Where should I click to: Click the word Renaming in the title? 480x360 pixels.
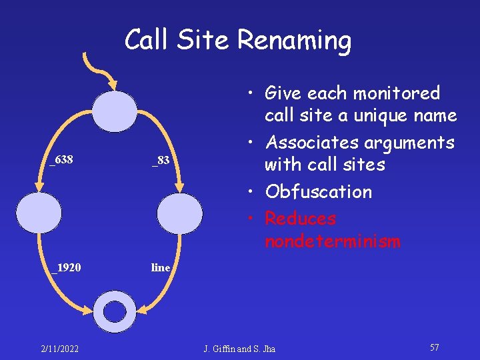tap(294, 41)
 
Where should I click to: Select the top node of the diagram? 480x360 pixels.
tap(114, 111)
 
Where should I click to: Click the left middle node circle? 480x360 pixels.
tap(39, 213)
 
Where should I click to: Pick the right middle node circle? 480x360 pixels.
tap(180, 213)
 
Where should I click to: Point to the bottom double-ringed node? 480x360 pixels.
tap(115, 311)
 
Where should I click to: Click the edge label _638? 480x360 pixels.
tap(61, 160)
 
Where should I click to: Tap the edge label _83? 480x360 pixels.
tap(161, 160)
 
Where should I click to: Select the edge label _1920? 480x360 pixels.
tap(67, 268)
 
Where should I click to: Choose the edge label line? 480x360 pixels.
tap(161, 268)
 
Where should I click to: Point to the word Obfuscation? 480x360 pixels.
tap(319, 192)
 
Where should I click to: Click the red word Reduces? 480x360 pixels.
tap(300, 219)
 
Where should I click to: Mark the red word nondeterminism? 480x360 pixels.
tap(333, 241)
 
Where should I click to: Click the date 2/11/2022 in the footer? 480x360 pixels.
tap(59, 349)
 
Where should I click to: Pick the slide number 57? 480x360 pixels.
tap(434, 348)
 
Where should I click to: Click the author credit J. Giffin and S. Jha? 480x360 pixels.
tap(239, 349)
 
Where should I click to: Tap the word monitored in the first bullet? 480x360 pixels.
tap(397, 93)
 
